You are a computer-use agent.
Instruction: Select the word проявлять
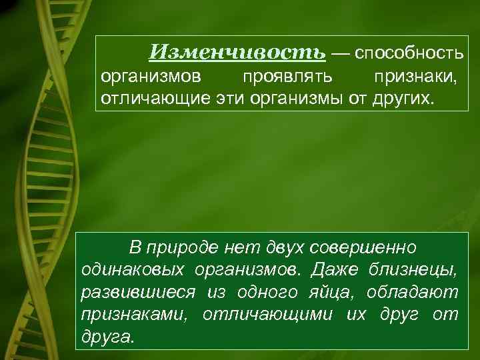tap(279, 77)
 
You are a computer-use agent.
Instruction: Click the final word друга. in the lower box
tap(107, 337)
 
